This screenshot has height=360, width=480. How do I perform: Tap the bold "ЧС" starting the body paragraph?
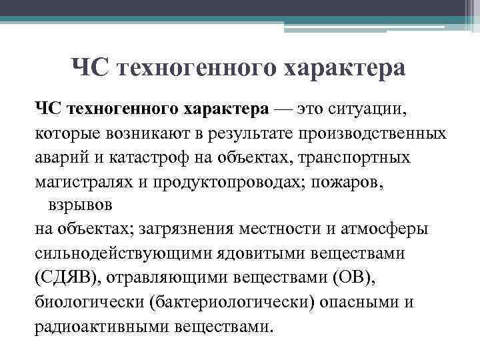tap(49, 108)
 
